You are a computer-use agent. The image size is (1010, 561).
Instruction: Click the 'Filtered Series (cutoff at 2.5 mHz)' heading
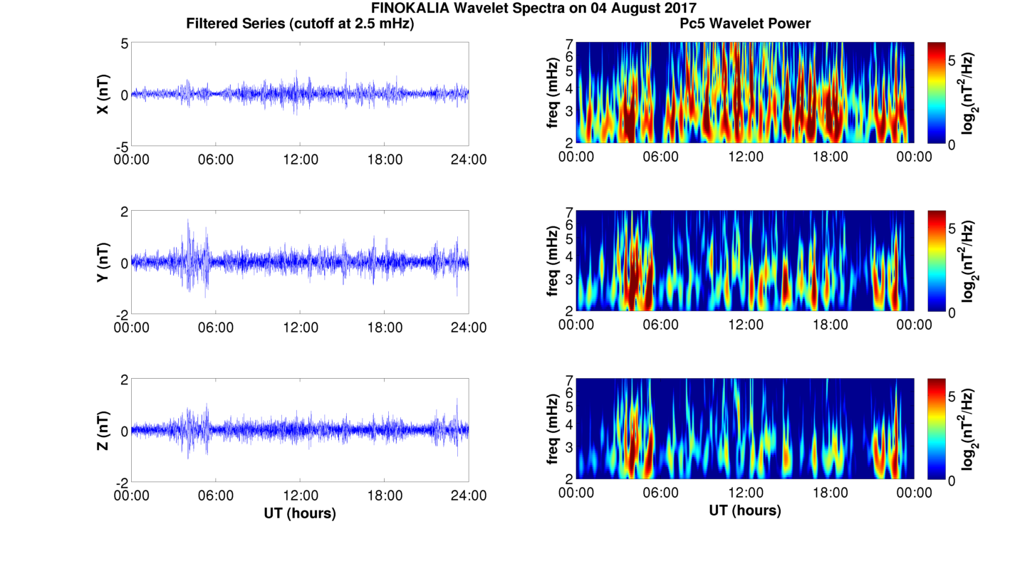[x=300, y=23]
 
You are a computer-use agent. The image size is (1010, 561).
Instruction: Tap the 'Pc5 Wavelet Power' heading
[x=744, y=23]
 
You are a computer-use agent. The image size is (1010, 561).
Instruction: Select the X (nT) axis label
[x=103, y=94]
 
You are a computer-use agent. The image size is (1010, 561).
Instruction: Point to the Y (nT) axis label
[x=103, y=263]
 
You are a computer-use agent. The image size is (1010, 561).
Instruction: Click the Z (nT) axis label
[x=103, y=431]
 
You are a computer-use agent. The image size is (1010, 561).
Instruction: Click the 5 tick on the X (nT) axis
[x=124, y=44]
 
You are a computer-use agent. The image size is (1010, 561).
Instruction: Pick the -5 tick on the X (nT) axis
[x=121, y=146]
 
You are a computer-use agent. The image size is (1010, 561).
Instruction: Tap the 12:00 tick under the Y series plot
[x=301, y=327]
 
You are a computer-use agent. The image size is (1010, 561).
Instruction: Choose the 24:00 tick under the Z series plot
[x=469, y=495]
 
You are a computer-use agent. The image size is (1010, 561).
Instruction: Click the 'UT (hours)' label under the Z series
[x=300, y=513]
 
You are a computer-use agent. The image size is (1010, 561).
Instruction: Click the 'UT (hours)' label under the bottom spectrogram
[x=744, y=510]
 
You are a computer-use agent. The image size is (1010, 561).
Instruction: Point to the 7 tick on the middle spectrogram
[x=569, y=212]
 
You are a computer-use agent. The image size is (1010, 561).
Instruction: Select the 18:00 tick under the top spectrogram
[x=830, y=156]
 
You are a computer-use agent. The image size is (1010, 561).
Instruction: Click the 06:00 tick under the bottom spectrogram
[x=660, y=493]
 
